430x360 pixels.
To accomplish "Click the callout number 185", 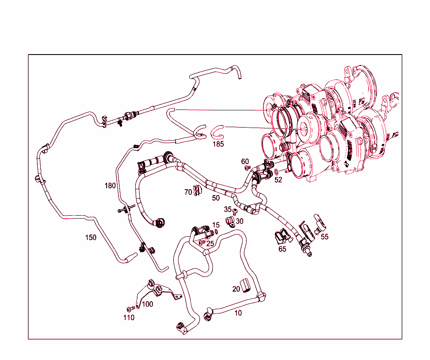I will pos(218,144).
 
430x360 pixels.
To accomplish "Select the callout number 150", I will pos(91,237).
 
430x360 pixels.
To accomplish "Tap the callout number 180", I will pos(110,185).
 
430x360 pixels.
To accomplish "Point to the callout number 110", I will pos(129,318).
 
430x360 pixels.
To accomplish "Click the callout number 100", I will pos(147,304).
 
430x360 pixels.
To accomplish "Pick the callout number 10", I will pos(238,313).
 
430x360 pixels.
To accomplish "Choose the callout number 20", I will pos(236,289).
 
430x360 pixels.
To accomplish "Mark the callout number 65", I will pos(282,249).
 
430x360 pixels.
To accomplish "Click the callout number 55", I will pos(325,237).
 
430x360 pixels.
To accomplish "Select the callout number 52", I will pos(278,180).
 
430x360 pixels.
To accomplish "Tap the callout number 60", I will pos(245,162).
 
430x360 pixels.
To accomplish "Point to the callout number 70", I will pos(188,192).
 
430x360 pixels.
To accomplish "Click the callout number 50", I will pos(216,198).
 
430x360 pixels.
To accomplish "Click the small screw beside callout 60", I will pos(247,168).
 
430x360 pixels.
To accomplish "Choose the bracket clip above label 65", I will pos(282,237).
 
